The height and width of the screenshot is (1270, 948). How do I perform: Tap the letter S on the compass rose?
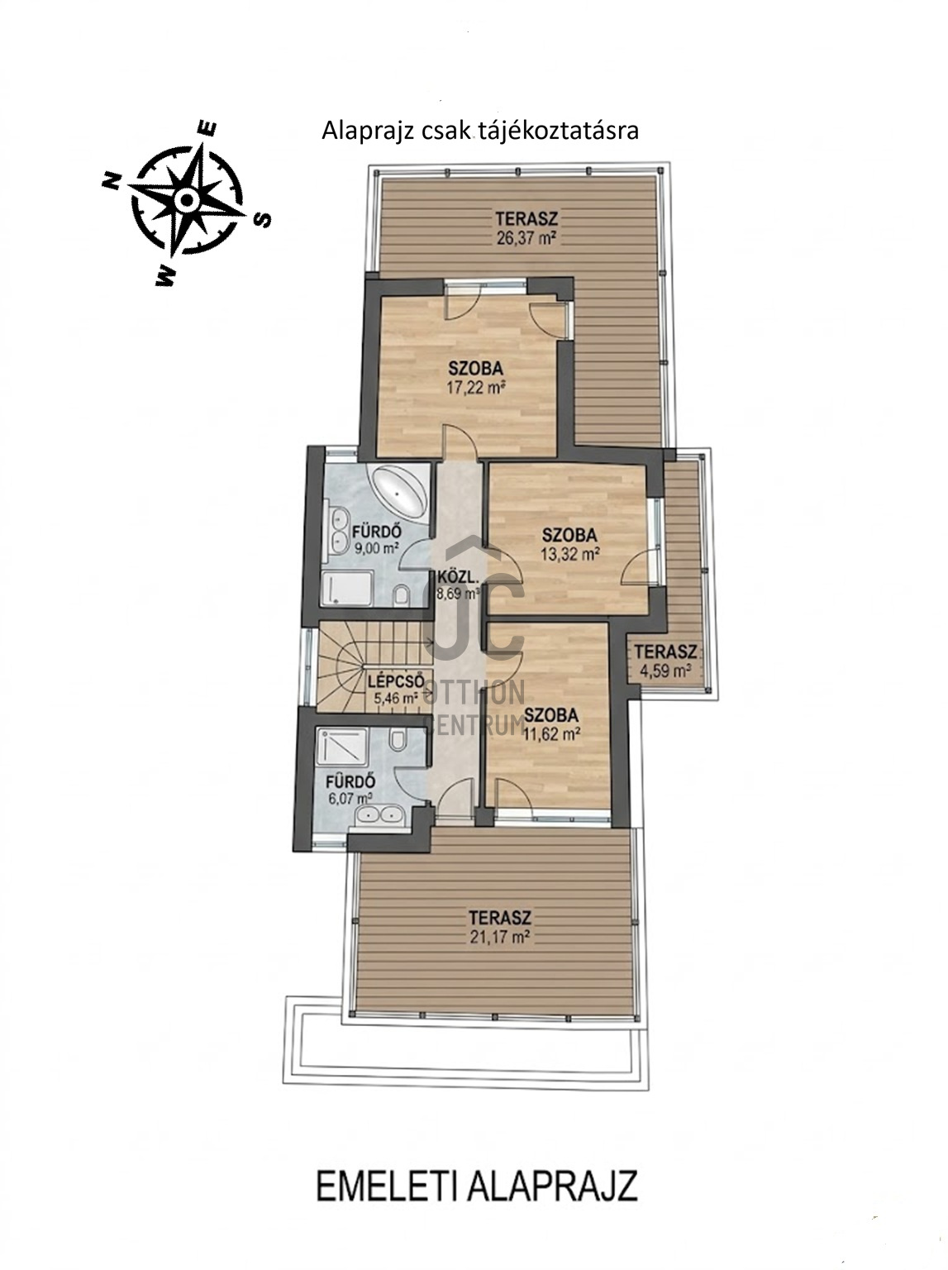pyautogui.click(x=263, y=220)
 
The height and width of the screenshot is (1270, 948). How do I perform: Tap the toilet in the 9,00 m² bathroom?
pyautogui.click(x=403, y=595)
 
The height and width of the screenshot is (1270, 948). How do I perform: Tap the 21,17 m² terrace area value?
pyautogui.click(x=500, y=937)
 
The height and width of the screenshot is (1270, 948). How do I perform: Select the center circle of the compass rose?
pyautogui.click(x=186, y=199)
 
